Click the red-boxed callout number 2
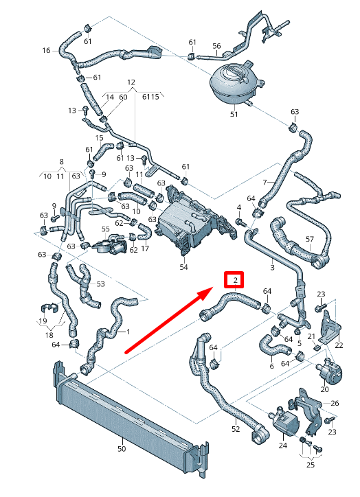[x=235, y=280]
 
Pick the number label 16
[x=46, y=50]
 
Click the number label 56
[x=216, y=46]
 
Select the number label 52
[x=236, y=429]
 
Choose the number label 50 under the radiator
[x=122, y=450]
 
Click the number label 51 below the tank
[x=234, y=114]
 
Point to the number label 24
[x=282, y=446]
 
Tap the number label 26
[x=335, y=403]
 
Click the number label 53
[x=101, y=284]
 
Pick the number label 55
[x=105, y=229]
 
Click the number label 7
[x=264, y=182]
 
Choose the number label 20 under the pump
[x=324, y=389]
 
